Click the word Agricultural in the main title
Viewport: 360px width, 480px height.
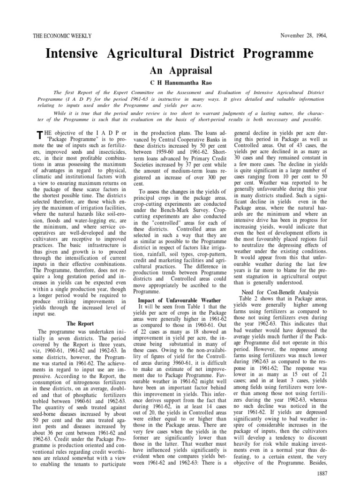(147, 54)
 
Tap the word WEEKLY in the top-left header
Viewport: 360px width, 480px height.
(81, 36)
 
